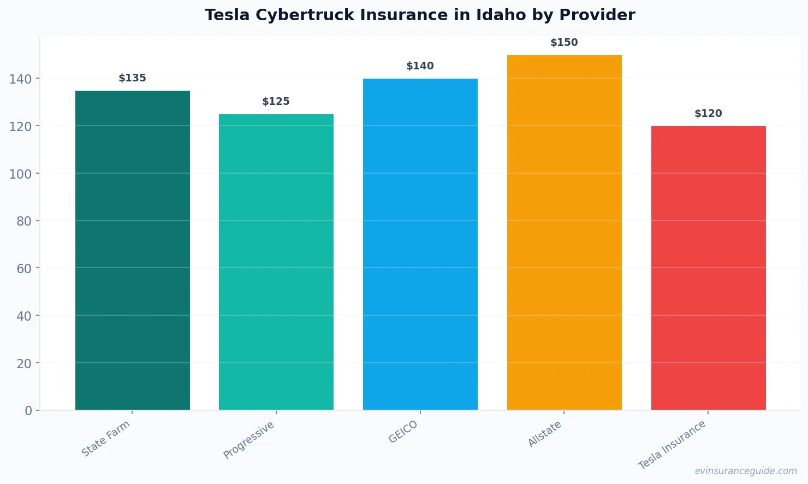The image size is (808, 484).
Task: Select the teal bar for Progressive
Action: pyautogui.click(x=276, y=262)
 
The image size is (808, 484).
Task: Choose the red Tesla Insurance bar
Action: pyautogui.click(x=708, y=268)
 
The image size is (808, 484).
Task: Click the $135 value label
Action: pyautogui.click(x=132, y=78)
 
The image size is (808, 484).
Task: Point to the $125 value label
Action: pyautogui.click(x=276, y=102)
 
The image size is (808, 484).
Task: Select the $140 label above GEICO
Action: pyautogui.click(x=420, y=66)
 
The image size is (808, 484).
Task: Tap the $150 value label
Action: pyautogui.click(x=564, y=43)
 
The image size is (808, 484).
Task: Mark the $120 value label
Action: pyautogui.click(x=708, y=114)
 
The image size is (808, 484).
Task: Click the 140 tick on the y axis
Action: pyautogui.click(x=20, y=79)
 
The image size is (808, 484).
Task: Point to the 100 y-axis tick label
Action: pyautogui.click(x=20, y=174)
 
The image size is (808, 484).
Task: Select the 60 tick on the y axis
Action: pyautogui.click(x=24, y=268)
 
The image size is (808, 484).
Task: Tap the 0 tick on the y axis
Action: pyautogui.click(x=28, y=411)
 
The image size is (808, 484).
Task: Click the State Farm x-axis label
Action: pyautogui.click(x=106, y=439)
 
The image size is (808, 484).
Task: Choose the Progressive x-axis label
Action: pyautogui.click(x=249, y=440)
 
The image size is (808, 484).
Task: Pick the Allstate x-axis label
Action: pyautogui.click(x=544, y=435)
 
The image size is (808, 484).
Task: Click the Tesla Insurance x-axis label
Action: pyautogui.click(x=672, y=445)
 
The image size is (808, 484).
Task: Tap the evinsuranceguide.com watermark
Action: pyautogui.click(x=746, y=471)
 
